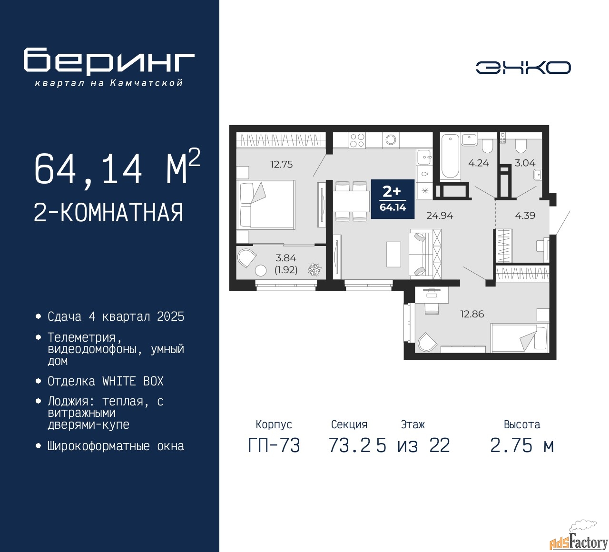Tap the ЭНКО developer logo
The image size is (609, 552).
[x=523, y=68]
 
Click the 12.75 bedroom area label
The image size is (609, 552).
[x=282, y=164]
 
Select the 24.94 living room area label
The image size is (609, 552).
[x=439, y=216]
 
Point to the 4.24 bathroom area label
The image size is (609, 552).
[x=479, y=163]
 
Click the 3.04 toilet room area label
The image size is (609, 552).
[x=525, y=163]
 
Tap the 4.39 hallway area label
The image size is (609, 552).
[x=525, y=216]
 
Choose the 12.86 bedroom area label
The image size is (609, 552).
[x=472, y=314]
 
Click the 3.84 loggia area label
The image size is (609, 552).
[x=285, y=258]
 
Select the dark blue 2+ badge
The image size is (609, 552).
[x=393, y=199]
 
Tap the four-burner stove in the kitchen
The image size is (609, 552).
[x=357, y=140]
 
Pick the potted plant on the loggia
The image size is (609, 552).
[x=314, y=269]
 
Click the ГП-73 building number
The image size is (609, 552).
[x=274, y=446]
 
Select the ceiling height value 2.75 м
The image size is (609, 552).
[x=522, y=446]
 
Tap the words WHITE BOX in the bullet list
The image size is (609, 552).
[x=133, y=381]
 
